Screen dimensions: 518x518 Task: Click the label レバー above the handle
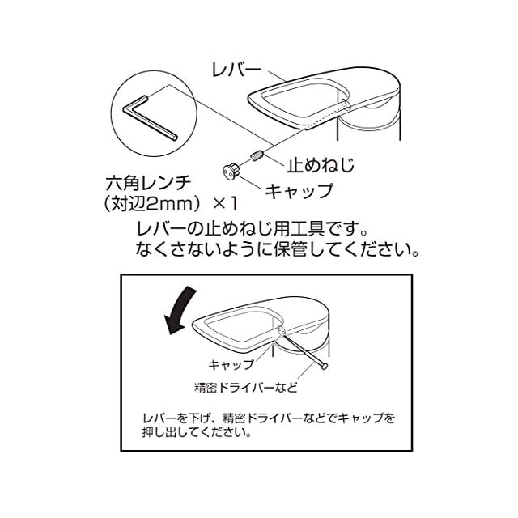pos(236,70)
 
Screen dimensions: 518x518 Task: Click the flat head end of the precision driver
pos(325,367)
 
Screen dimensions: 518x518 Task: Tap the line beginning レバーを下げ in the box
pos(267,418)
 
